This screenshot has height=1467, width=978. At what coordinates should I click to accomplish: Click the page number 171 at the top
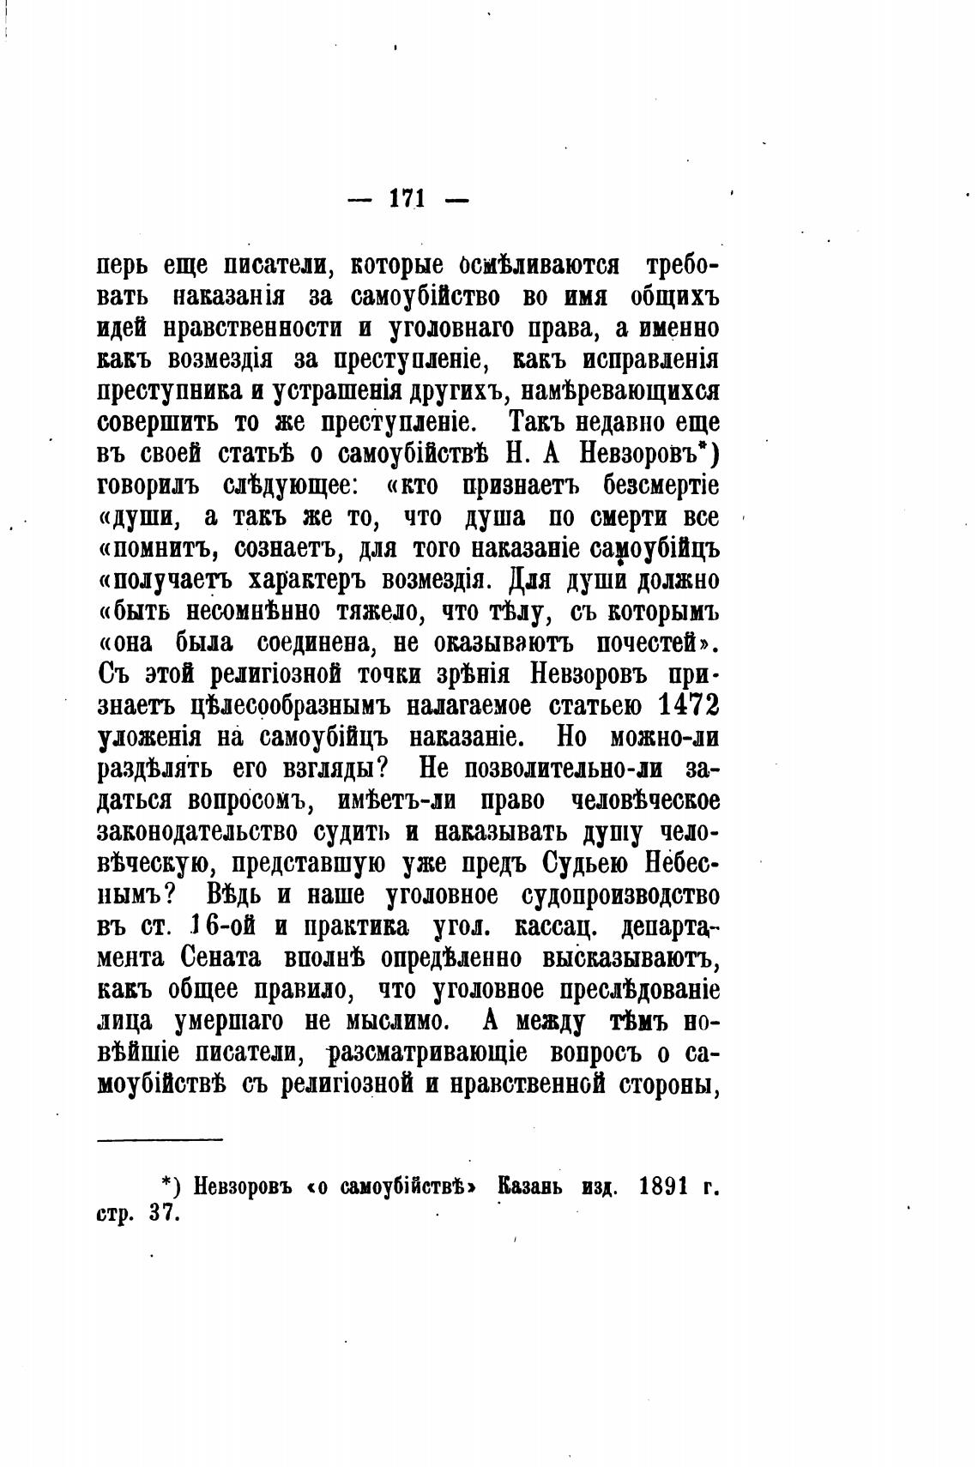tap(407, 199)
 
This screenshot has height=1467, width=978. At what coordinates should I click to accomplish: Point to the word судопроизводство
tap(620, 895)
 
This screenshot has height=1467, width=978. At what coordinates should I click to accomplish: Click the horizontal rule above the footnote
tap(160, 1139)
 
